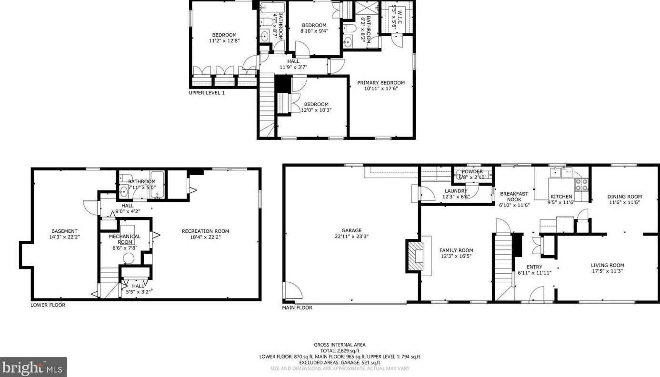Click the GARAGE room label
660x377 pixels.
351,230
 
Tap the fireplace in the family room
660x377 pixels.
415,256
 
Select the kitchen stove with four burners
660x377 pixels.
581,185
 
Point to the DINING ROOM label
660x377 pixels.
624,197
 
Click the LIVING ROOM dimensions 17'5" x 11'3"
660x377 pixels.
607,271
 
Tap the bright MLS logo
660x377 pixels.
33,367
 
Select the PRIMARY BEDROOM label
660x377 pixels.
381,82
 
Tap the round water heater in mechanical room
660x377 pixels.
128,258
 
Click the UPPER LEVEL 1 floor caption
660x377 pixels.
207,93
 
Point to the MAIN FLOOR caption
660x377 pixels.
297,308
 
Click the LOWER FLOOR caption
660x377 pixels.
48,305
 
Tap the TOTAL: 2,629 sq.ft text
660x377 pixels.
340,351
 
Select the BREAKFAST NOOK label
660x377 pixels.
514,197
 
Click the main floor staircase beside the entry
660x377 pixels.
503,262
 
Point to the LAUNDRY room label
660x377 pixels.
456,191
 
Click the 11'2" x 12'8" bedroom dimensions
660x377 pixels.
224,41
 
